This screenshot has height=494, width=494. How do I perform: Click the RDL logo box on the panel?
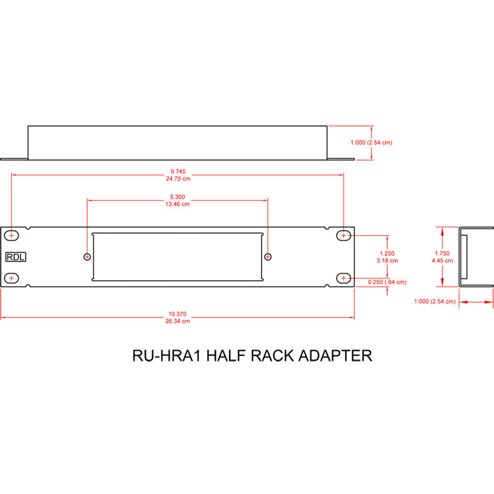[16, 257]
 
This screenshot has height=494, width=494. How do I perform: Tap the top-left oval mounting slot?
[11, 236]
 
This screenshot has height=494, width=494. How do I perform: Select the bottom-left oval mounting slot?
[11, 279]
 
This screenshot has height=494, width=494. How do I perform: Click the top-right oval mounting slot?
[344, 236]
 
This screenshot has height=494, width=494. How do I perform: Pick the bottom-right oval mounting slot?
[344, 279]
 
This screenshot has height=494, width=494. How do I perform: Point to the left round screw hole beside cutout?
[87, 256]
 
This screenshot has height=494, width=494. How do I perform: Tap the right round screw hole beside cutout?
[268, 256]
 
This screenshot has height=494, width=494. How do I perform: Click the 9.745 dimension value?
[178, 172]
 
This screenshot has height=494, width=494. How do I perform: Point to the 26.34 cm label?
[178, 321]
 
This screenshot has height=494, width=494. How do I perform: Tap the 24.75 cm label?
[178, 179]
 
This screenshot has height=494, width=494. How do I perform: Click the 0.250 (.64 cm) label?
[388, 282]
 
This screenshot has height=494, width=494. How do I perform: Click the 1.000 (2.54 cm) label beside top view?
[371, 142]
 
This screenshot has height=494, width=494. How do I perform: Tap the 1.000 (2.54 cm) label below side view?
[435, 301]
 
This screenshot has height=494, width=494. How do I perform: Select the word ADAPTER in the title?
[336, 356]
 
